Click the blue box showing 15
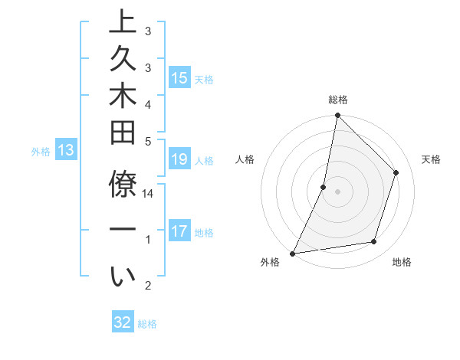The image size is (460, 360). coord(179,77)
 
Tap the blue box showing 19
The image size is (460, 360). coord(179,160)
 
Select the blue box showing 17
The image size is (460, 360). coord(179,231)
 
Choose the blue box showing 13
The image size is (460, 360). coord(66,151)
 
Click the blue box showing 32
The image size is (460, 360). coord(123,322)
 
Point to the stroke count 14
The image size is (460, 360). coord(149,194)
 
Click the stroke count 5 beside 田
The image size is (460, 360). coord(148,140)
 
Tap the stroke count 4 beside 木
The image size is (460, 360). coord(148,103)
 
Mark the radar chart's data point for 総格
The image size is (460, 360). coord(337,115)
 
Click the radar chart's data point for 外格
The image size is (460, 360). coord(292,254)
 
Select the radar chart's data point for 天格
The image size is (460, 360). coord(396,172)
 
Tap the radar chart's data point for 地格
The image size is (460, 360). coord(374,242)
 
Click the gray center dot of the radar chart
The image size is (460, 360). coord(337,191)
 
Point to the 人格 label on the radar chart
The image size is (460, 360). coord(245,159)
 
